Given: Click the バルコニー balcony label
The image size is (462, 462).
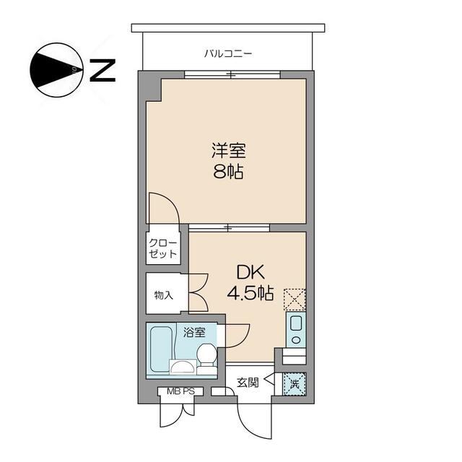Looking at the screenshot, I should pos(227,53).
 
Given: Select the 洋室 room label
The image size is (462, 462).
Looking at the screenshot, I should pos(228,151).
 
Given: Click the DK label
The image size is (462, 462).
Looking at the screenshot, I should pos(250,272).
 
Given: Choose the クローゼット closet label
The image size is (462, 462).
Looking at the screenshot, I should pos(162,248).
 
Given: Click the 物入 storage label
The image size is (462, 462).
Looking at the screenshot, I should pos(163,295).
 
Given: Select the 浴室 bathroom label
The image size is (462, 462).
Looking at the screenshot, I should pos(193,333).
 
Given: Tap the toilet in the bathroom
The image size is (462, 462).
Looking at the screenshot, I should pos(206,355).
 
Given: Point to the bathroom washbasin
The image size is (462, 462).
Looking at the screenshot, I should pos(182,367).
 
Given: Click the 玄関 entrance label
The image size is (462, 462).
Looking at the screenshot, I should pos(248,383).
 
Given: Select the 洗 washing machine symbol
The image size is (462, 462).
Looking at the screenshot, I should pos(293,383).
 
